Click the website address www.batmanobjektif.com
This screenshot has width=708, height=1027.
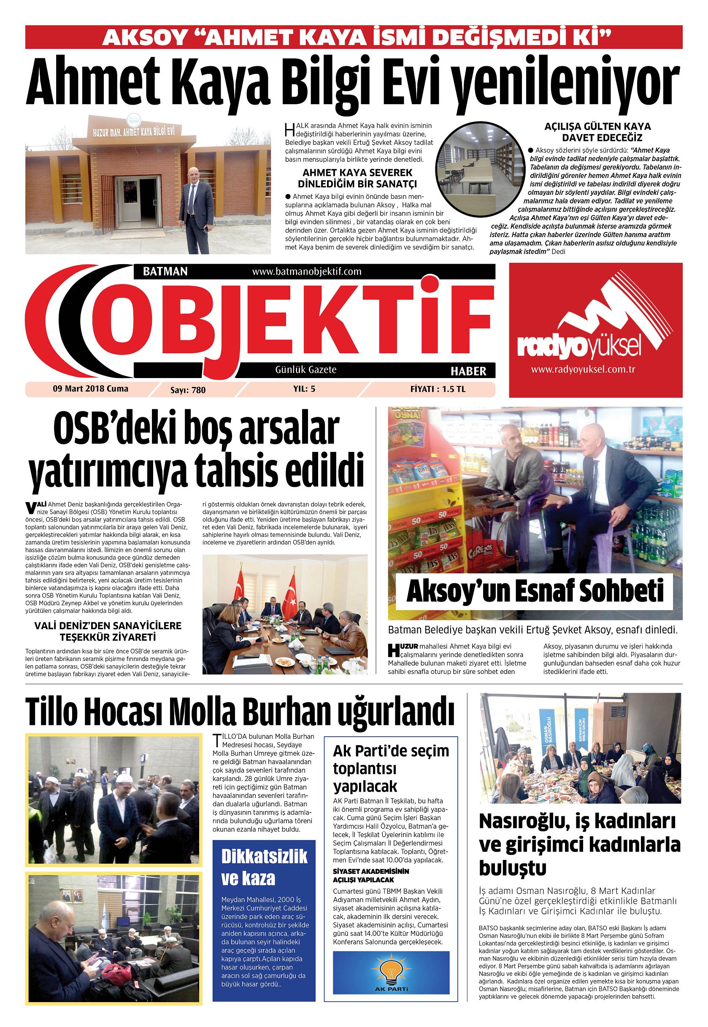tap(307, 271)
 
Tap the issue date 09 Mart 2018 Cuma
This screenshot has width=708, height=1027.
tap(90, 389)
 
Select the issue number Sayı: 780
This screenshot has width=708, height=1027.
tap(188, 390)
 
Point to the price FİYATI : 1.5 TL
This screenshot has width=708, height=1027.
tap(438, 389)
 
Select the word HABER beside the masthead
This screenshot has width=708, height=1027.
tap(468, 370)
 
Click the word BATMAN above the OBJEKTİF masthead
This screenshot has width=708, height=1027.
tap(165, 271)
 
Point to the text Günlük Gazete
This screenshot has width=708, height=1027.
tap(305, 369)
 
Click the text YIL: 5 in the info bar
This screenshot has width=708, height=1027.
tap(304, 389)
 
